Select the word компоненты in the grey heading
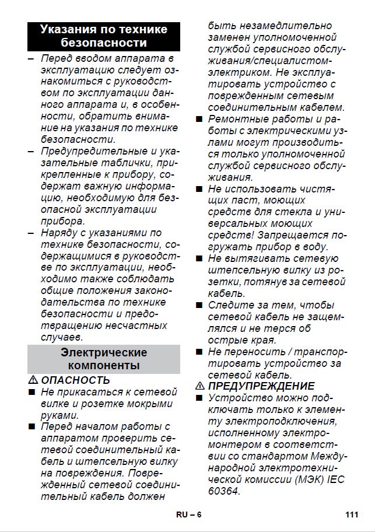[104, 366]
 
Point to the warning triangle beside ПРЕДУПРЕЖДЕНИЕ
[199, 386]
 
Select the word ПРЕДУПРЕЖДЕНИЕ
[261, 386]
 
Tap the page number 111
[351, 514]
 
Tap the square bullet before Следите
[199, 305]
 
